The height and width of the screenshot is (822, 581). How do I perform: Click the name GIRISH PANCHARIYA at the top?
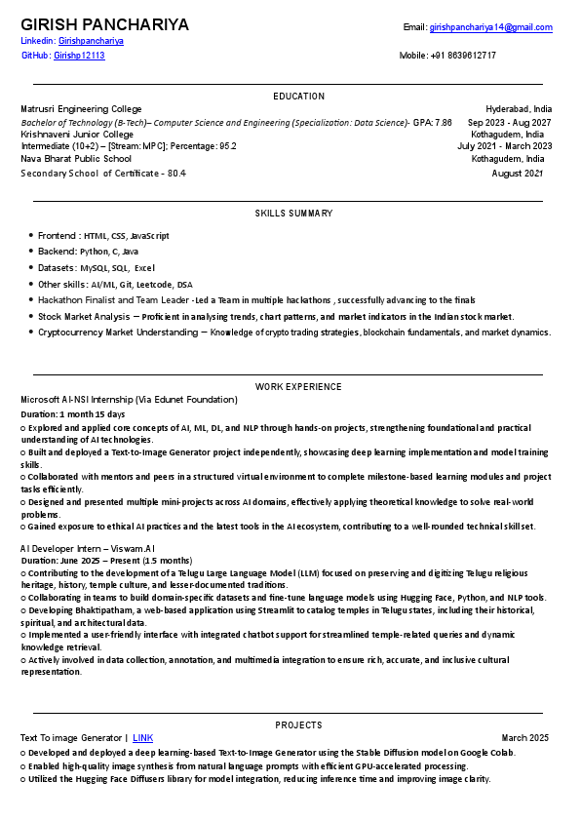click(104, 24)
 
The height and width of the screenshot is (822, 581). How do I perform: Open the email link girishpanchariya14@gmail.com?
click(490, 27)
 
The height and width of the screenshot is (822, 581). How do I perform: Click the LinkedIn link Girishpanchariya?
click(91, 41)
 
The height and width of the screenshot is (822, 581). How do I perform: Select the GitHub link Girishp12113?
click(79, 56)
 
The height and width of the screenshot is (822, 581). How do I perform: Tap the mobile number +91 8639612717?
click(462, 56)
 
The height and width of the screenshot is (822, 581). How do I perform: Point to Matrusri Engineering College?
click(79, 109)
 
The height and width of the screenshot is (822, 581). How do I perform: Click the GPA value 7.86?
click(443, 123)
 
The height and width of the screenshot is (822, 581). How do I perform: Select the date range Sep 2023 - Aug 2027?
click(509, 123)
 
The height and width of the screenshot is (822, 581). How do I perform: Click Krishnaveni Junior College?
click(77, 135)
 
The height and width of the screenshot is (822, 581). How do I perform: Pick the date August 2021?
click(518, 173)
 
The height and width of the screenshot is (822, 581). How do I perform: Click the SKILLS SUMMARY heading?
click(293, 213)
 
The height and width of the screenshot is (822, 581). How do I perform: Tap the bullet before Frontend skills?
click(30, 236)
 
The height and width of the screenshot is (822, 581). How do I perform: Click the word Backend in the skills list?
click(56, 252)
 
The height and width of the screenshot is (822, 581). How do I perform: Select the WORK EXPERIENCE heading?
click(298, 387)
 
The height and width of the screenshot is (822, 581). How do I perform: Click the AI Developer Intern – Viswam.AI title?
click(87, 549)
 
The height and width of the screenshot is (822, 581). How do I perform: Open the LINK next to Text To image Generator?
click(143, 737)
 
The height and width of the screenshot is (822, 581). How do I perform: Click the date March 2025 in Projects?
click(525, 737)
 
